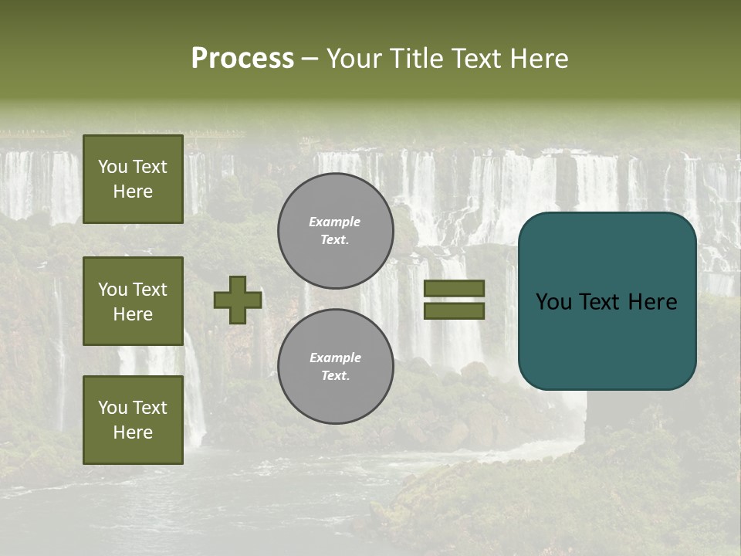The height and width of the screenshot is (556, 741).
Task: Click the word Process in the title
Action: pyautogui.click(x=242, y=59)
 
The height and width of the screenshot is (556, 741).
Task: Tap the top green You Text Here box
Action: pyautogui.click(x=133, y=179)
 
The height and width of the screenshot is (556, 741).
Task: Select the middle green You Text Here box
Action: pyautogui.click(x=133, y=301)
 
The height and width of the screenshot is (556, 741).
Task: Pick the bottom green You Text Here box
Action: pyautogui.click(x=133, y=420)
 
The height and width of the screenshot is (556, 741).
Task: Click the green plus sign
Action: pyautogui.click(x=238, y=300)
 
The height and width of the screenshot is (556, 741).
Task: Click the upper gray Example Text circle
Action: pyautogui.click(x=335, y=230)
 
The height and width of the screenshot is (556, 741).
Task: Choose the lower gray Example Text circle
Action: pyautogui.click(x=335, y=366)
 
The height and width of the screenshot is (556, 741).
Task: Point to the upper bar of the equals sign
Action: pyautogui.click(x=454, y=288)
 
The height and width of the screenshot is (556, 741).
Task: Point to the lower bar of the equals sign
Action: pyautogui.click(x=454, y=310)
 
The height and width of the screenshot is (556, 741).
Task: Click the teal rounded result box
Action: pyautogui.click(x=607, y=340)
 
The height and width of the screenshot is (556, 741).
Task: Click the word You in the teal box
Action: pyautogui.click(x=553, y=302)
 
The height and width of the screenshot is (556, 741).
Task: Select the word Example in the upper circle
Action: pyautogui.click(x=335, y=222)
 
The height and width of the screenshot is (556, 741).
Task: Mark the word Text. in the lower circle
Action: pyautogui.click(x=335, y=375)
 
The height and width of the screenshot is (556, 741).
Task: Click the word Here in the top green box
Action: pyautogui.click(x=133, y=192)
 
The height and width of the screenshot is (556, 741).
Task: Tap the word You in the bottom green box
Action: pyautogui.click(x=113, y=408)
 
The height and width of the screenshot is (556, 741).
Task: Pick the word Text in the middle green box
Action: pyautogui.click(x=150, y=290)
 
